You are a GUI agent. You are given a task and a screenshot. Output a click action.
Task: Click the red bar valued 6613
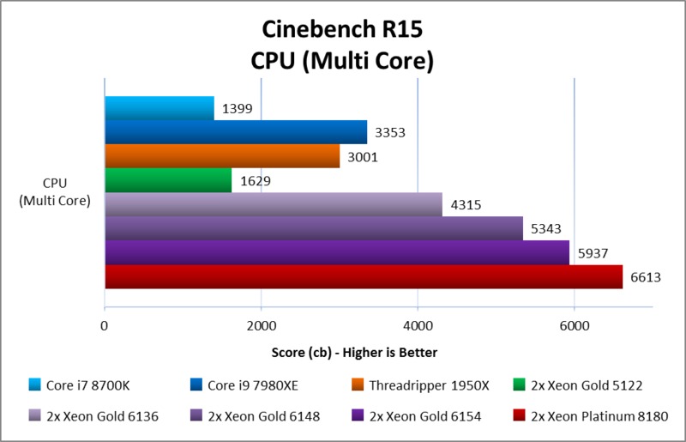[x=363, y=276]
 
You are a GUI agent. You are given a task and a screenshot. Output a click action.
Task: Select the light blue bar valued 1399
[x=159, y=108]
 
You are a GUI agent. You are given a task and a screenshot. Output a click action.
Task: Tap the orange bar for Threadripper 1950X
[x=222, y=156]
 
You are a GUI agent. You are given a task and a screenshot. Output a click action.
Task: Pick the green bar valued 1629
[x=168, y=180]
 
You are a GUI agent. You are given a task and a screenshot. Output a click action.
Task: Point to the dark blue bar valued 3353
[x=236, y=132]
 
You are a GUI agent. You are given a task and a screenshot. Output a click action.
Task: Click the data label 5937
[x=590, y=253]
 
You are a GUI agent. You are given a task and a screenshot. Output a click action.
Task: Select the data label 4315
[x=463, y=205]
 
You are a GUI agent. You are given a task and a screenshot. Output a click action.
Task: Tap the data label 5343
[x=544, y=229]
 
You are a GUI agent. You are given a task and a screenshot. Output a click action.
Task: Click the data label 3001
[x=360, y=157]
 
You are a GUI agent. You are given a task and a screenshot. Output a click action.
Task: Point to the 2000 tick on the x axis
[x=261, y=326]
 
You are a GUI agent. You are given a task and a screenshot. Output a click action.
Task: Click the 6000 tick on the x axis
[x=574, y=326]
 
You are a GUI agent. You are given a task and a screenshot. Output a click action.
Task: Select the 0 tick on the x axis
[x=105, y=326]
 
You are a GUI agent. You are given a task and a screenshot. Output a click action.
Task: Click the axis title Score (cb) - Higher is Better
[x=342, y=353]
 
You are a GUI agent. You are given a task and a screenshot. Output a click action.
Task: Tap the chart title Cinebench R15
[x=342, y=32]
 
